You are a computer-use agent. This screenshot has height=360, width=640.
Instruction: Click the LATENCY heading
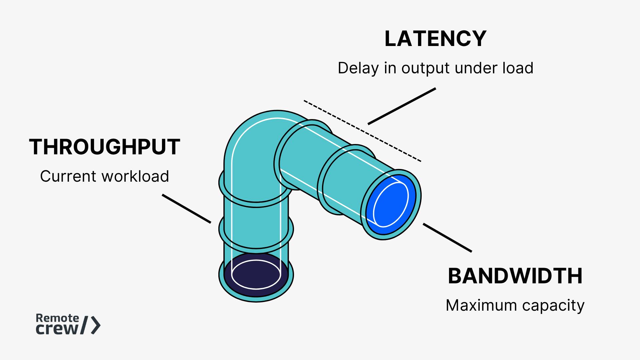[x=435, y=39]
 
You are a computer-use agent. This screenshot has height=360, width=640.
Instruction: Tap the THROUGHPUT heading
[x=105, y=147]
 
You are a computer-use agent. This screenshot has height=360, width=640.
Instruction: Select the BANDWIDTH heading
[x=515, y=276]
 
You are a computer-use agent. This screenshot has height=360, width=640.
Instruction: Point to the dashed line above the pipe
[x=362, y=131]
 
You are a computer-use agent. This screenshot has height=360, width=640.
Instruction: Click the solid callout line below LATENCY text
[x=402, y=106]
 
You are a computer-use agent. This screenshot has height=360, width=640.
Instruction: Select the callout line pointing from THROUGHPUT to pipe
[x=186, y=209]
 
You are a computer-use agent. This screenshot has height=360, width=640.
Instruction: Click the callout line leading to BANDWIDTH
[x=447, y=238]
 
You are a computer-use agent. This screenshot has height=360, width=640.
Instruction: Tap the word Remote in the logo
[x=57, y=318]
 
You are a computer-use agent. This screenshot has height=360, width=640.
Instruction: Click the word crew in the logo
[x=57, y=329]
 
